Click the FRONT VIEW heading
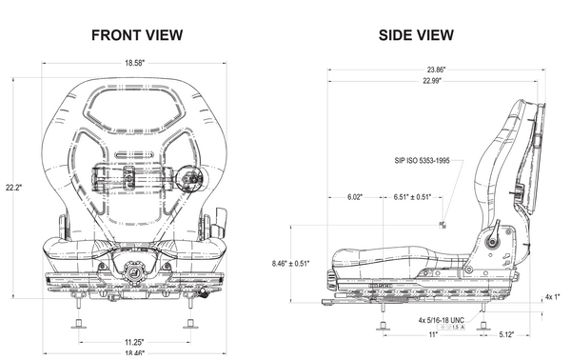(x=137, y=35)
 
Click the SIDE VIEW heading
(x=416, y=35)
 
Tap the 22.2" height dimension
(x=12, y=188)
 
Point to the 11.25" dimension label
(x=135, y=341)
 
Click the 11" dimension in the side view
(x=433, y=335)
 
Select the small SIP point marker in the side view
(x=443, y=224)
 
